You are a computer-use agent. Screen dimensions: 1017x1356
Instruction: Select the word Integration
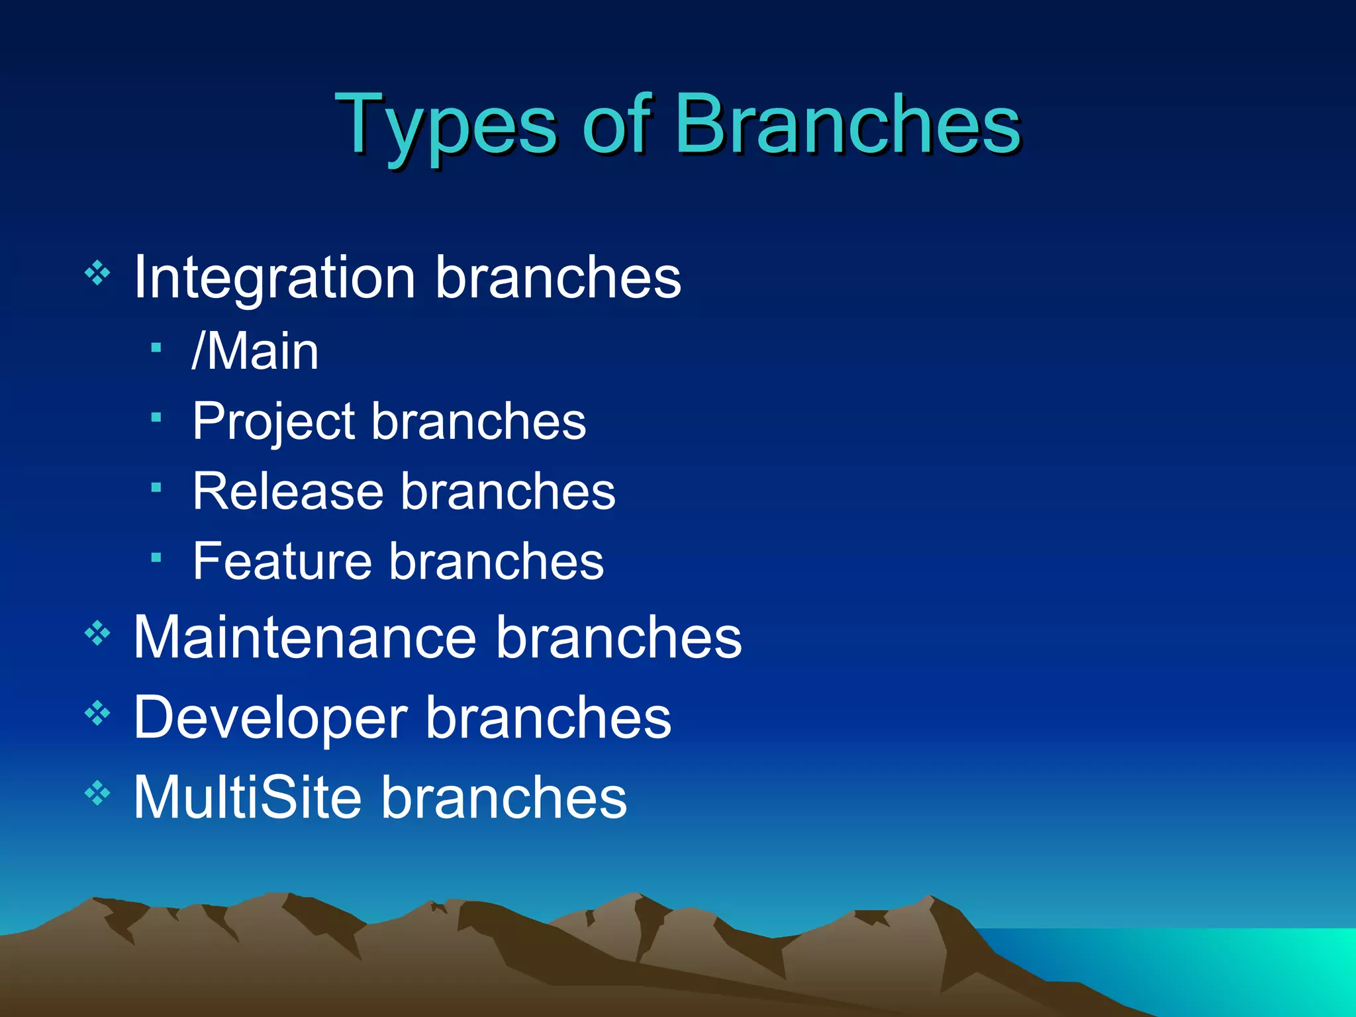[x=274, y=278]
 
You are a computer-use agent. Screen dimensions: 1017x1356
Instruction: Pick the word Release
[x=288, y=492]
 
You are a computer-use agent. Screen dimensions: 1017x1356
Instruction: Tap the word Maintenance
[x=305, y=637]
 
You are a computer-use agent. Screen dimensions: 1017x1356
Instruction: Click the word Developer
[x=270, y=718]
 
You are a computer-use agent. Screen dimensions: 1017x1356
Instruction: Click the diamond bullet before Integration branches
[x=97, y=273]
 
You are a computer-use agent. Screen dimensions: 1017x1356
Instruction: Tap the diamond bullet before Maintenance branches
[x=97, y=634]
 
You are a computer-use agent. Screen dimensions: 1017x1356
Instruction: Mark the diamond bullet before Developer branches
[x=97, y=713]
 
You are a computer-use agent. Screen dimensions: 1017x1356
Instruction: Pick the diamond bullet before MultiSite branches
[x=97, y=793]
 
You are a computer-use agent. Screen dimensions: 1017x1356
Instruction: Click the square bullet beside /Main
[x=156, y=348]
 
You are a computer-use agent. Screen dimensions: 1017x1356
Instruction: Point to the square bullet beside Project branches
[x=156, y=418]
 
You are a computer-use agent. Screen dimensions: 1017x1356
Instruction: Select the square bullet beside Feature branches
[x=156, y=558]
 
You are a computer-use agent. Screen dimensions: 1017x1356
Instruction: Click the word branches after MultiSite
[x=504, y=797]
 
